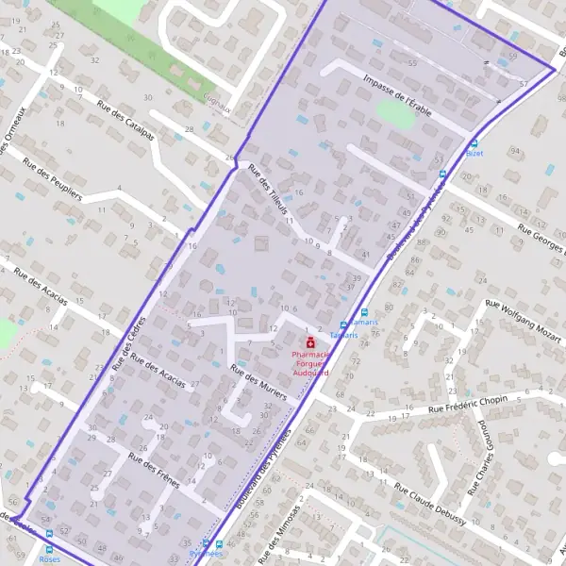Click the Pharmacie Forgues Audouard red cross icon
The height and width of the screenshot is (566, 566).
click(308, 344)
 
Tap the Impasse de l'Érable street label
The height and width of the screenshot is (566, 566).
click(396, 97)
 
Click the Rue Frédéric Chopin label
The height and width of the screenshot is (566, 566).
click(469, 404)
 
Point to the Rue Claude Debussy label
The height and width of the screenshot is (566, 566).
click(433, 505)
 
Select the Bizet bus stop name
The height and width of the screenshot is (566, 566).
click(474, 154)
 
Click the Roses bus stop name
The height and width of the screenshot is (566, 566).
click(50, 558)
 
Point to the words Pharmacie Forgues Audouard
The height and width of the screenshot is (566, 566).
click(309, 364)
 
